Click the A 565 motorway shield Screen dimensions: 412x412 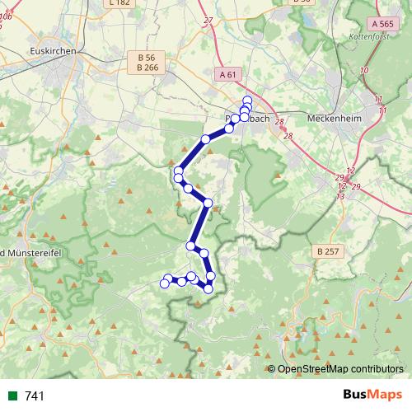click(x=378, y=26)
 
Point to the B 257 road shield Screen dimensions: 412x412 click(x=327, y=250)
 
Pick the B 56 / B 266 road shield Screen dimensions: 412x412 click(x=147, y=63)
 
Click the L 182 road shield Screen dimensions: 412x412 click(x=119, y=2)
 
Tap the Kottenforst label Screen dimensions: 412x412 click(x=369, y=38)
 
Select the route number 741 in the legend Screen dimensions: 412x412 click(x=35, y=396)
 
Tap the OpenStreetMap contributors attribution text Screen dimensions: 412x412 click(x=339, y=369)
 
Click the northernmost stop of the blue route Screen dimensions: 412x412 click(x=247, y=101)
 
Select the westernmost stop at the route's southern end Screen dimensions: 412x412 click(x=164, y=283)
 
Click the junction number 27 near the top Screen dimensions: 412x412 click(x=208, y=21)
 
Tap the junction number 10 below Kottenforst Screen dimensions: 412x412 click(x=363, y=70)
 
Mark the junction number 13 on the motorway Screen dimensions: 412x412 click(x=340, y=196)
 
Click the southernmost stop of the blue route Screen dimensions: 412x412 click(x=208, y=288)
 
